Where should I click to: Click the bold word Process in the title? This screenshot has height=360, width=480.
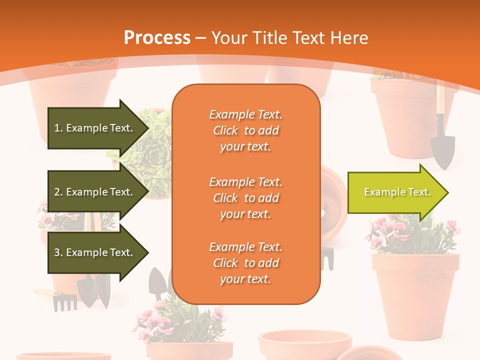coord(157,38)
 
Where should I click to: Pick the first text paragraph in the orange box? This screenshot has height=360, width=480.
coord(245,130)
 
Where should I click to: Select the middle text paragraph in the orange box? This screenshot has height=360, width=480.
coord(245,198)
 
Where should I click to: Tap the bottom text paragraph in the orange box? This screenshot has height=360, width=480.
coord(245,263)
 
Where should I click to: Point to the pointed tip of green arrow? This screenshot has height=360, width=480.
coord(446,192)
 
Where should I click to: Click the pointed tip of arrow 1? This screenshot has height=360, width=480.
coord(147,128)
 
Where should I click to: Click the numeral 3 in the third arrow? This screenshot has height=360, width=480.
coord(57,252)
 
